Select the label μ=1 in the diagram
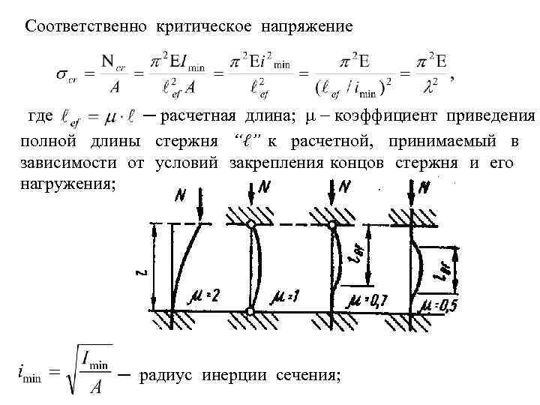point(286,298)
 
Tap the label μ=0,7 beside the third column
point(367,301)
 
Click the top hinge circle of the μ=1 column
point(250,224)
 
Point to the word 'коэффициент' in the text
point(388,116)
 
